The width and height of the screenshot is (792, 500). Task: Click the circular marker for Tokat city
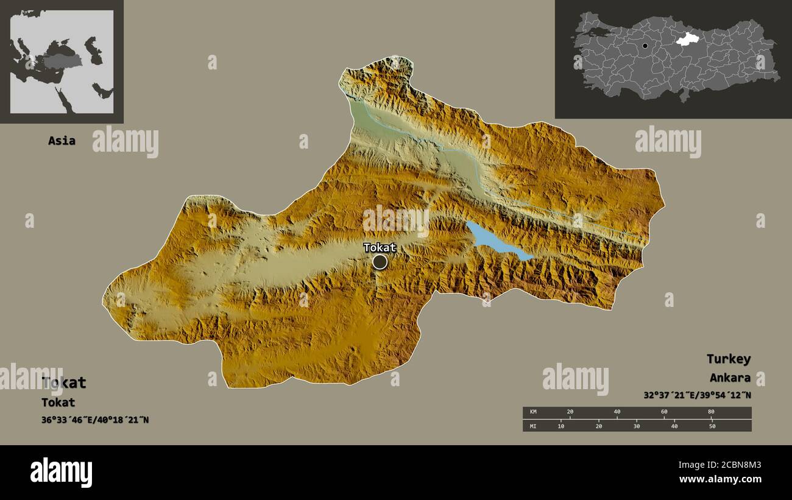tap(380, 262)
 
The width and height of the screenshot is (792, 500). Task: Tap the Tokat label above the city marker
tap(380, 247)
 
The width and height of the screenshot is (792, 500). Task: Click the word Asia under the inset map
tap(62, 141)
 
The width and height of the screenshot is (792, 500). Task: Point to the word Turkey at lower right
tap(728, 359)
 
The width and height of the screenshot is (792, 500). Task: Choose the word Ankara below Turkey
tap(730, 378)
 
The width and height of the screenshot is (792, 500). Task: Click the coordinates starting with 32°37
tap(697, 395)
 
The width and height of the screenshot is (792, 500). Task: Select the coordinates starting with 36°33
tap(95, 420)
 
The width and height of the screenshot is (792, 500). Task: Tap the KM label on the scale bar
tap(533, 412)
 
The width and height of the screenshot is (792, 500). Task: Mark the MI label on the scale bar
tap(533, 426)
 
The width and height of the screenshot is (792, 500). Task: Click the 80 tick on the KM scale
tap(711, 412)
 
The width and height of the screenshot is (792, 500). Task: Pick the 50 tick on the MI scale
tap(712, 426)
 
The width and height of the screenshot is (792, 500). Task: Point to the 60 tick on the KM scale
tap(664, 412)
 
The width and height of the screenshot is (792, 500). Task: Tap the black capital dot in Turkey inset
tap(645, 46)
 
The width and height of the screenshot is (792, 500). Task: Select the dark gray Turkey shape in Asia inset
tap(61, 61)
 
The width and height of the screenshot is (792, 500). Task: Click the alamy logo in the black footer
tap(62, 473)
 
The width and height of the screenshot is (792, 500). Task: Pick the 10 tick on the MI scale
tap(561, 426)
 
